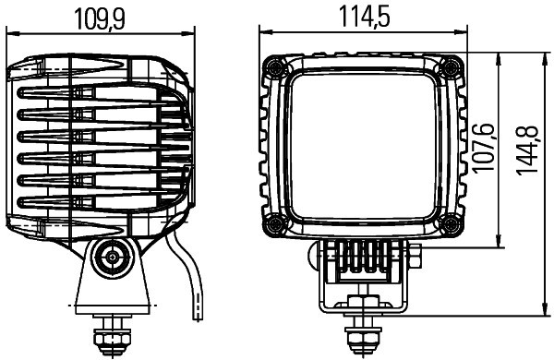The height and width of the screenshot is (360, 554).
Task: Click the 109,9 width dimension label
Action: tap(101, 18)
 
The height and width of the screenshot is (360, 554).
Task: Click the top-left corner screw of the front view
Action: tap(274, 66)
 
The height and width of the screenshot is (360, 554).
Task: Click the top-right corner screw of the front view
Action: tap(451, 66)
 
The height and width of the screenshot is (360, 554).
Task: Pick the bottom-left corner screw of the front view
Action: tap(274, 224)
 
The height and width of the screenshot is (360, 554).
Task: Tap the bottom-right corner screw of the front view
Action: tap(451, 224)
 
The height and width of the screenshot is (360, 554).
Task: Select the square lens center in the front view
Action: tap(362, 146)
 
